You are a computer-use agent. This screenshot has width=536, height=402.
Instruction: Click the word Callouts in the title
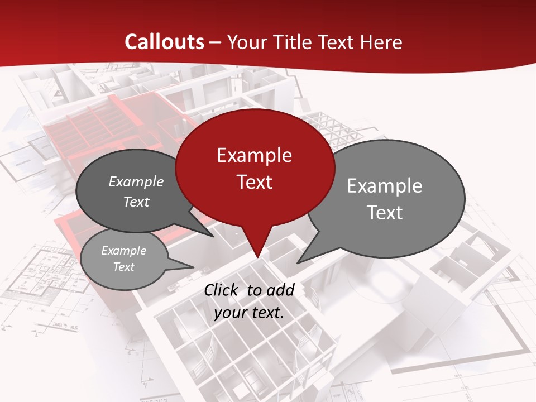pyautogui.click(x=164, y=42)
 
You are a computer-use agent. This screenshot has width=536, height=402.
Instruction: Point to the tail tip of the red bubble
pyautogui.click(x=257, y=257)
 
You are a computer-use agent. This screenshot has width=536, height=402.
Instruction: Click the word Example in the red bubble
pyautogui.click(x=254, y=155)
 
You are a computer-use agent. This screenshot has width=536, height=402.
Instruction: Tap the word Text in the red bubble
pyautogui.click(x=254, y=182)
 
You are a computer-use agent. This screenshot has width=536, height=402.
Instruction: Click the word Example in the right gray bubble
pyautogui.click(x=384, y=186)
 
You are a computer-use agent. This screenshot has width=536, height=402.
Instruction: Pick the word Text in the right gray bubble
pyautogui.click(x=384, y=213)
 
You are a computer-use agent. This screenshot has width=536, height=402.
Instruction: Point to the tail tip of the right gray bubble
pyautogui.click(x=298, y=262)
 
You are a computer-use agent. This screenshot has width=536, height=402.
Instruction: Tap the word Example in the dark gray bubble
pyautogui.click(x=136, y=182)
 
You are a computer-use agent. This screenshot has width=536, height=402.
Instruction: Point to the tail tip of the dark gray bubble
pyautogui.click(x=214, y=237)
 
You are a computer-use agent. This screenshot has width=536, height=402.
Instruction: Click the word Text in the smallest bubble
pyautogui.click(x=124, y=267)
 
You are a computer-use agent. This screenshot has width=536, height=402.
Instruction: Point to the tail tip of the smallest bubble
pyautogui.click(x=194, y=267)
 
